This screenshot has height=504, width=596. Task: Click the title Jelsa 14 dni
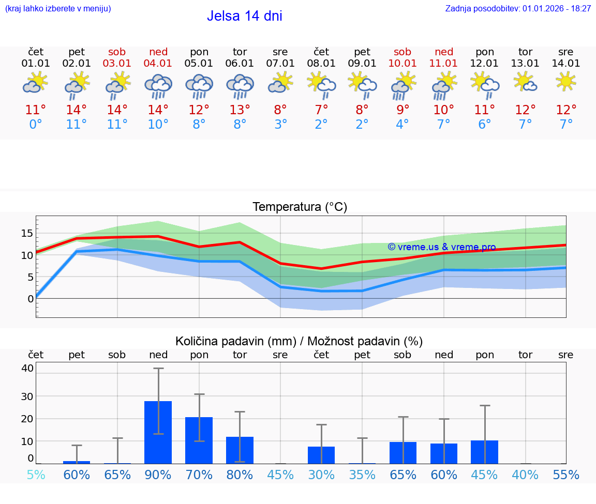click(244, 16)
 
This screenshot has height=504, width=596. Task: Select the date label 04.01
click(158, 64)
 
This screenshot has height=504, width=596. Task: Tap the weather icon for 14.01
click(566, 82)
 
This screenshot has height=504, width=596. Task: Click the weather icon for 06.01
click(240, 86)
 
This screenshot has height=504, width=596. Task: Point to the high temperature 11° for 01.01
click(36, 110)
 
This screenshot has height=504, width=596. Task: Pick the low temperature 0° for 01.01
click(36, 125)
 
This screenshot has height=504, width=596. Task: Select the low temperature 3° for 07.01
click(280, 125)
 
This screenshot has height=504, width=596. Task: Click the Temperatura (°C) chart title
click(300, 207)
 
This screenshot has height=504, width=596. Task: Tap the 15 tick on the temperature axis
click(27, 233)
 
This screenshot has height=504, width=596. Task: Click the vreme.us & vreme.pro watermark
click(441, 247)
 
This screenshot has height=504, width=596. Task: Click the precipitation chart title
click(299, 341)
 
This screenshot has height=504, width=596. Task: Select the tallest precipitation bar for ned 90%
click(158, 432)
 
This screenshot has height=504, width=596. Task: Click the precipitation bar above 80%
click(240, 450)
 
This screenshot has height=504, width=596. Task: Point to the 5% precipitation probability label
click(36, 475)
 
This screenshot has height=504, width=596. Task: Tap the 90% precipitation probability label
click(158, 475)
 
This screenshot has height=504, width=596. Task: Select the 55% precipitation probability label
click(566, 475)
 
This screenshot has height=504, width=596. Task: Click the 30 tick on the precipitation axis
click(27, 396)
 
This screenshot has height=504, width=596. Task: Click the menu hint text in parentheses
click(58, 9)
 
